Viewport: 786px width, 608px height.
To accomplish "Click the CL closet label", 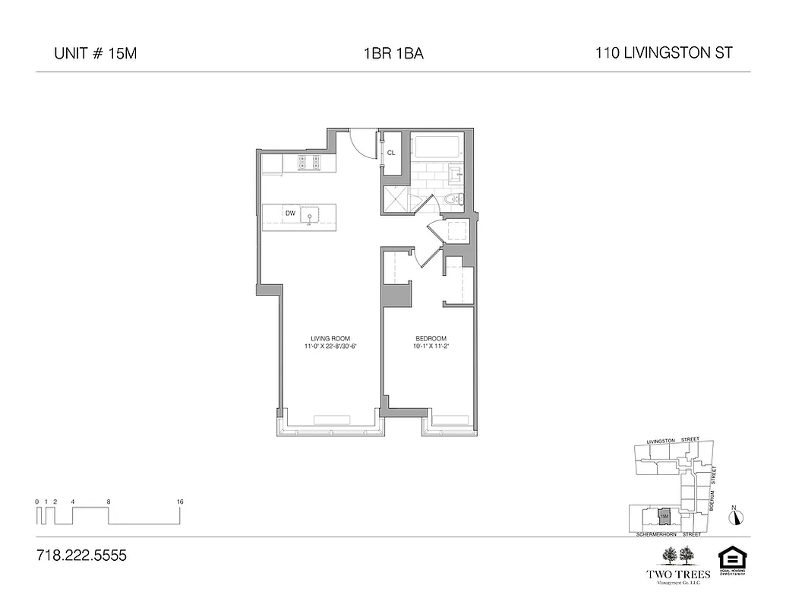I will (391, 153).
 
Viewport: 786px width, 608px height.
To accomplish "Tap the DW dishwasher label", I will (289, 214).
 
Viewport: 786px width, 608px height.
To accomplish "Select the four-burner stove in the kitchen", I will (307, 163).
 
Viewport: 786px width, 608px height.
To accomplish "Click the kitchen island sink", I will (309, 216).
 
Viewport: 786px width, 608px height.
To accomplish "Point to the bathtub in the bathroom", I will (437, 147).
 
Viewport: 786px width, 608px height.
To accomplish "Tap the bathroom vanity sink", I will (456, 174).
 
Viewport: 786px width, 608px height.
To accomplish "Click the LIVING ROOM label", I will (329, 338).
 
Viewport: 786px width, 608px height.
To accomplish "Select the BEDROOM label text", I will (430, 338).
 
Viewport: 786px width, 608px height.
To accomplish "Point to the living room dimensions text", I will (329, 347).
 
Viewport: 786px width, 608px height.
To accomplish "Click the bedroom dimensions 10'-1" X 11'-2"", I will (430, 347).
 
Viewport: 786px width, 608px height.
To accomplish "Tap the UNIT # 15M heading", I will (95, 54).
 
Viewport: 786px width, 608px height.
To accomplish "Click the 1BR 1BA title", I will (393, 54).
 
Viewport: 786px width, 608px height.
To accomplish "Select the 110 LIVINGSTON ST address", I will (664, 53).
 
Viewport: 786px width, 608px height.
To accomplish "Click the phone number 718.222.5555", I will (81, 556).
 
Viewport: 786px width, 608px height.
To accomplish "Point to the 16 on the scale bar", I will (180, 502).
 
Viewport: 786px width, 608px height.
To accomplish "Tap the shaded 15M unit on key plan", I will (664, 516).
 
